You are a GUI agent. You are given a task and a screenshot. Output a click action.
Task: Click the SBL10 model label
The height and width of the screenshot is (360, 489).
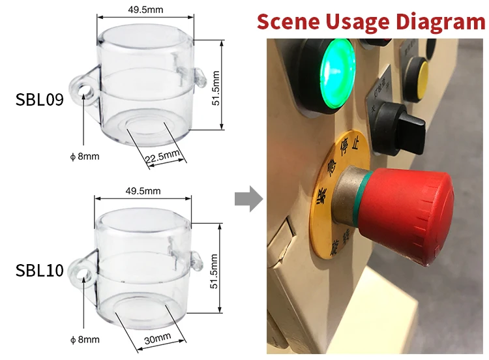pyautogui.click(x=39, y=270)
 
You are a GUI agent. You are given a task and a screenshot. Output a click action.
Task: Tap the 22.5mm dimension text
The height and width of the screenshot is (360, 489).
pyautogui.click(x=161, y=156)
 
